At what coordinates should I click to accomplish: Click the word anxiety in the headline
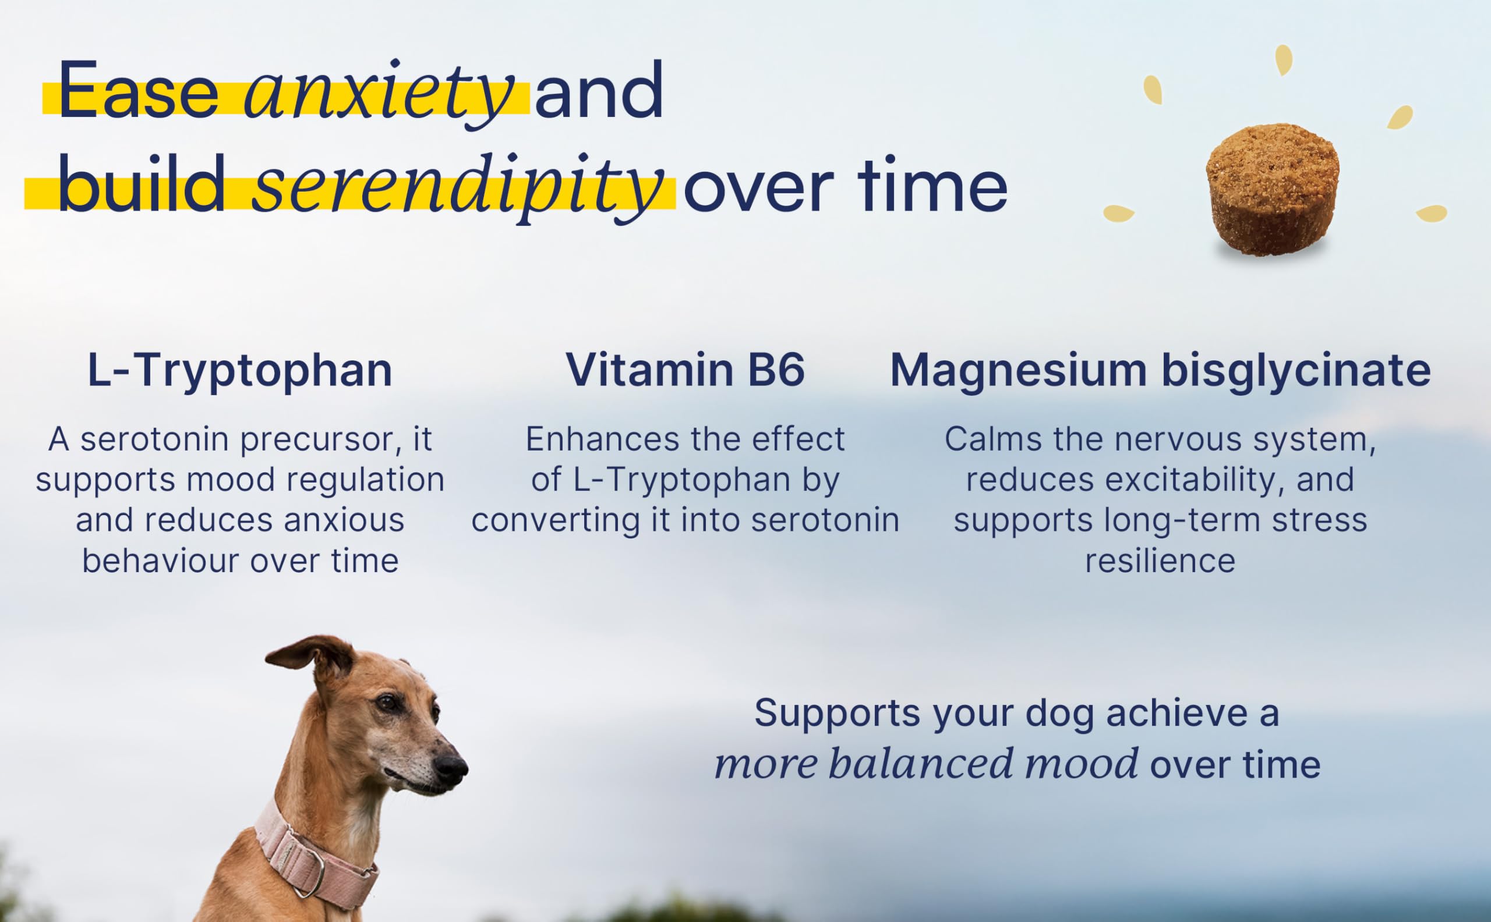coord(379,95)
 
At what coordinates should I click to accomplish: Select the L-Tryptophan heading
coord(240,370)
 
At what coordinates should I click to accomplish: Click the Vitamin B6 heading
coord(685,370)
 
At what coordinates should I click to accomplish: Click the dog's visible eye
coord(386,703)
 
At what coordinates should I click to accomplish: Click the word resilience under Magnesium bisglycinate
coord(1160,561)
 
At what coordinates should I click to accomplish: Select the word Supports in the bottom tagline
coord(837,714)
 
